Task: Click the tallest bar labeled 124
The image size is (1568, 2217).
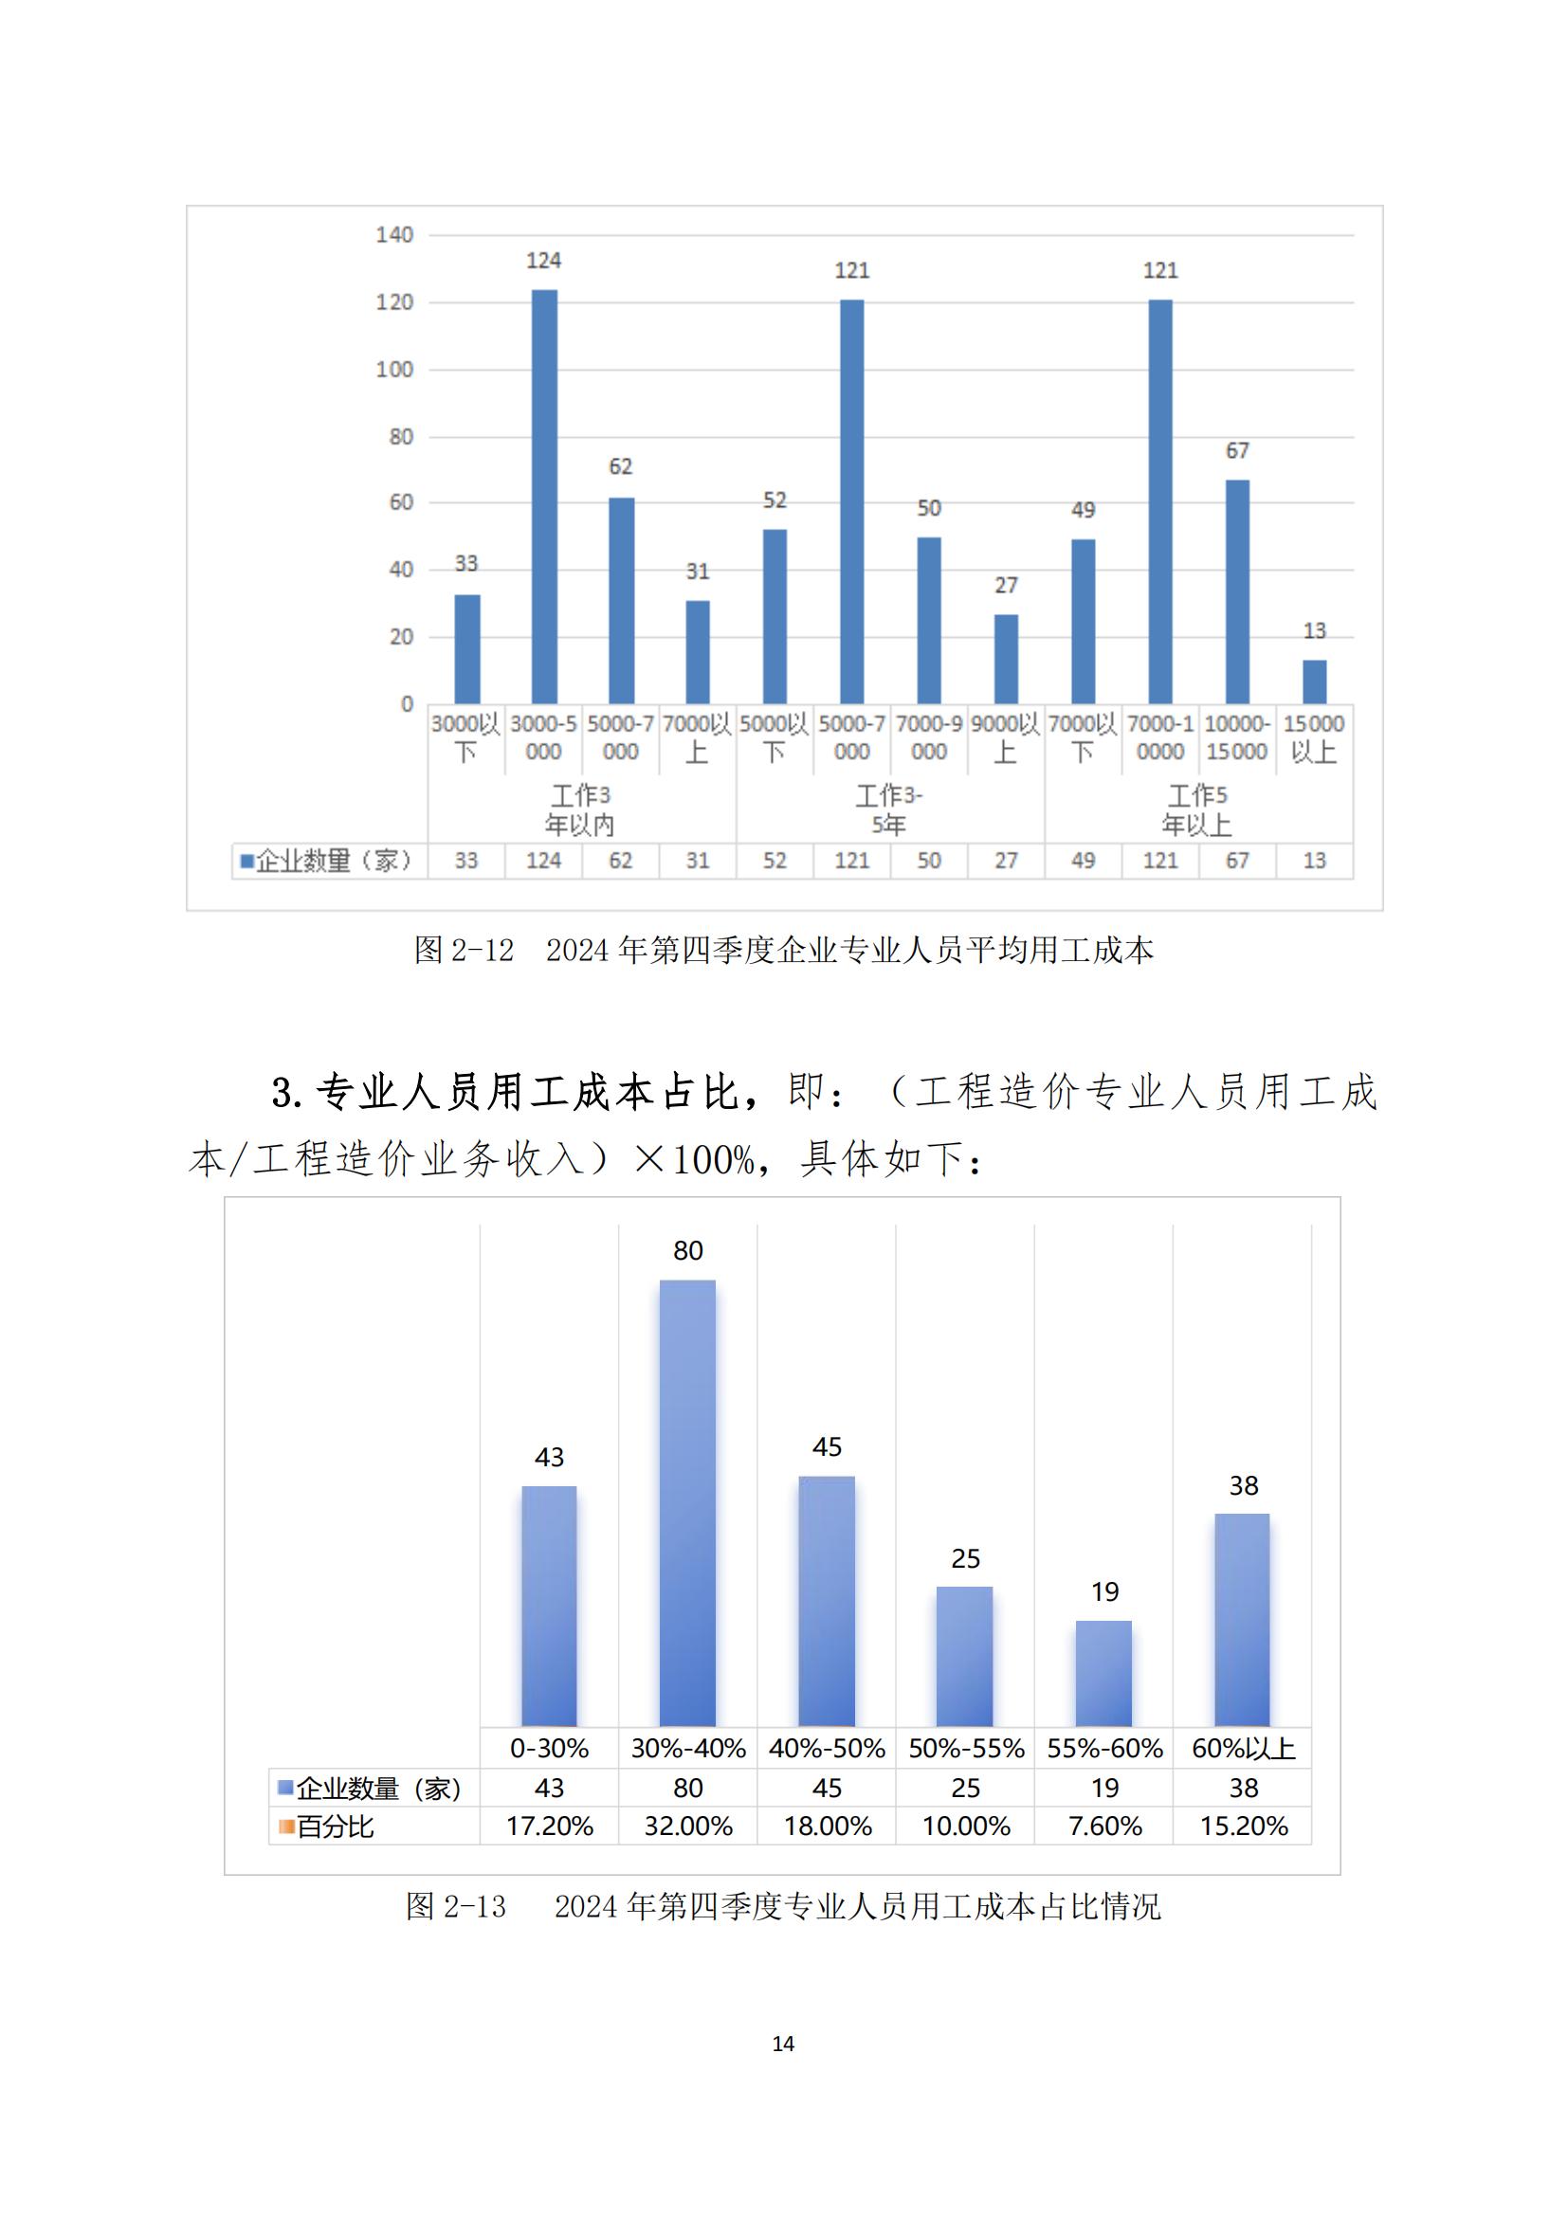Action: point(543,497)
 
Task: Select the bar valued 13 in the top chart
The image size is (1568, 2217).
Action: point(1314,681)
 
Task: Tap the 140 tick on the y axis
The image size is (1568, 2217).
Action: point(394,235)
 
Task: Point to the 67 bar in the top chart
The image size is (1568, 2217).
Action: point(1237,591)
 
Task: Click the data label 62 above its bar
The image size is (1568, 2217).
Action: point(620,466)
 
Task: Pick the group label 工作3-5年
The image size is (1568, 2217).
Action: point(889,809)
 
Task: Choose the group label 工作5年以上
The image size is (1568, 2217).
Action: point(1197,809)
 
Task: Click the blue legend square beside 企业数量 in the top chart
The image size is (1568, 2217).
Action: point(247,861)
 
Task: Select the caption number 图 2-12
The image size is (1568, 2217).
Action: point(464,950)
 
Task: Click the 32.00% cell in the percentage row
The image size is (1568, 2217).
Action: point(687,1826)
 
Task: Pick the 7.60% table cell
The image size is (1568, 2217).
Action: point(1104,1826)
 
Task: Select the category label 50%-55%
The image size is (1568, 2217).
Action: point(965,1749)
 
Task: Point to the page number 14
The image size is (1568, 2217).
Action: point(783,2044)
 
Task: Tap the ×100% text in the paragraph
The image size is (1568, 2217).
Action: point(694,1158)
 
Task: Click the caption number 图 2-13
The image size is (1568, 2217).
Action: point(456,1906)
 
